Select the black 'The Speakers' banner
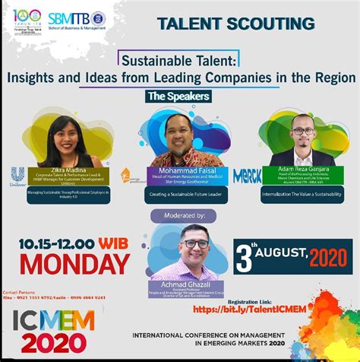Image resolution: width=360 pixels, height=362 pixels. click(178, 97)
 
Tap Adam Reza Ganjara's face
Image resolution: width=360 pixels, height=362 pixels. click(302, 130)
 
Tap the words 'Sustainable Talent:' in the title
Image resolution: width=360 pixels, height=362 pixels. click(178, 58)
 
